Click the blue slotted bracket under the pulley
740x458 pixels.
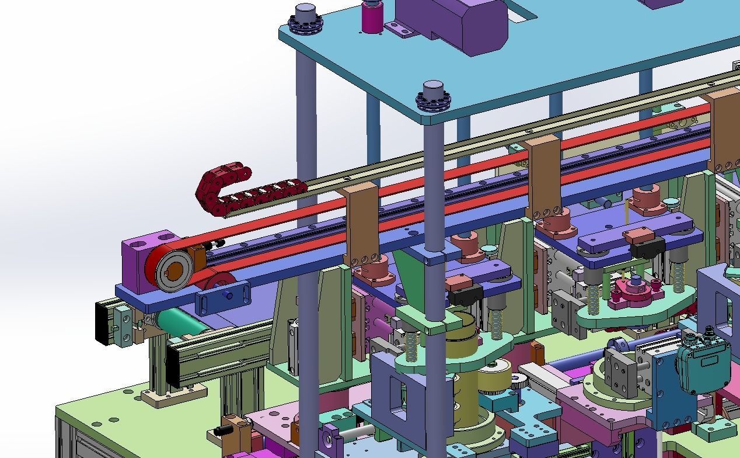click(223, 296)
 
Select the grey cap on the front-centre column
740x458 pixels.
click(434, 91)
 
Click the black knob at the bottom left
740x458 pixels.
click(220, 431)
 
